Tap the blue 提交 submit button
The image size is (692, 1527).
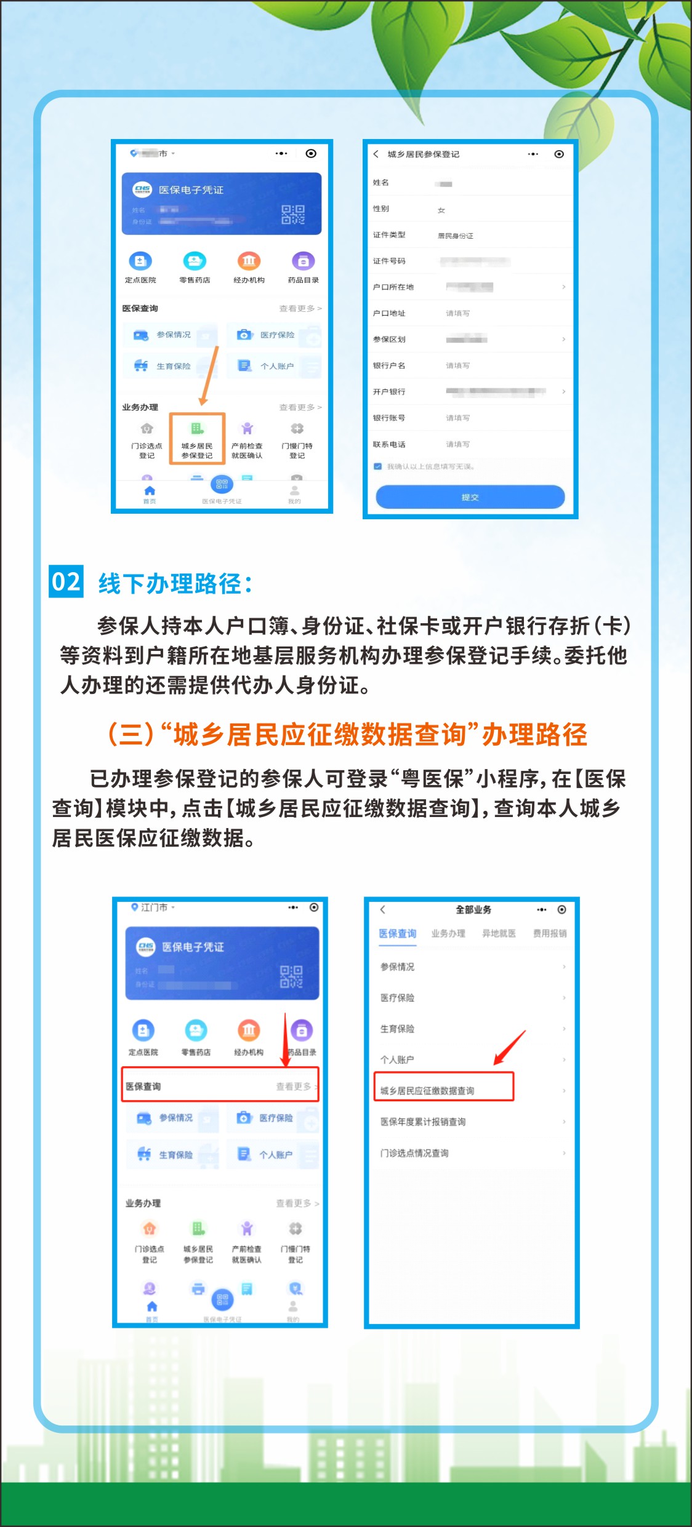point(470,496)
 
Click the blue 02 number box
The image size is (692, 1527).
point(66,581)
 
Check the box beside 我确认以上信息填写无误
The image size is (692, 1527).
point(378,466)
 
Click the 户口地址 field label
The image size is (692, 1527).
point(389,313)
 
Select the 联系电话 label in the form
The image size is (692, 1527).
point(389,444)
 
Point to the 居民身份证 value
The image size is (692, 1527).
point(456,236)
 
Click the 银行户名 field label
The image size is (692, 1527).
point(389,365)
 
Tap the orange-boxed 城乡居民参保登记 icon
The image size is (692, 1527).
point(197,438)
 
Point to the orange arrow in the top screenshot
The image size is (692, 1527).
point(209,375)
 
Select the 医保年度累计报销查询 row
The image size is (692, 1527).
point(423,1122)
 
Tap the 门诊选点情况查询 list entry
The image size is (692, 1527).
point(414,1153)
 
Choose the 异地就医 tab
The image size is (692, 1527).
point(499,933)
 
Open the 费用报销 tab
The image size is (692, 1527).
point(550,933)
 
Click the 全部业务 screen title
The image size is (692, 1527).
point(473,909)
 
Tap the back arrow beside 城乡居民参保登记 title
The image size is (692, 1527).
point(376,154)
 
